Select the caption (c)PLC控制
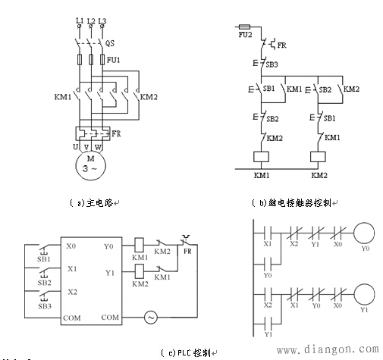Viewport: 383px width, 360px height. pos(187,352)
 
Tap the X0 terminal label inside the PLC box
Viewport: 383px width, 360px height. pos(71,246)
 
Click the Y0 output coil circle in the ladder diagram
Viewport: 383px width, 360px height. pos(366,232)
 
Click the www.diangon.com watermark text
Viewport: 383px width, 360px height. pos(327,350)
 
